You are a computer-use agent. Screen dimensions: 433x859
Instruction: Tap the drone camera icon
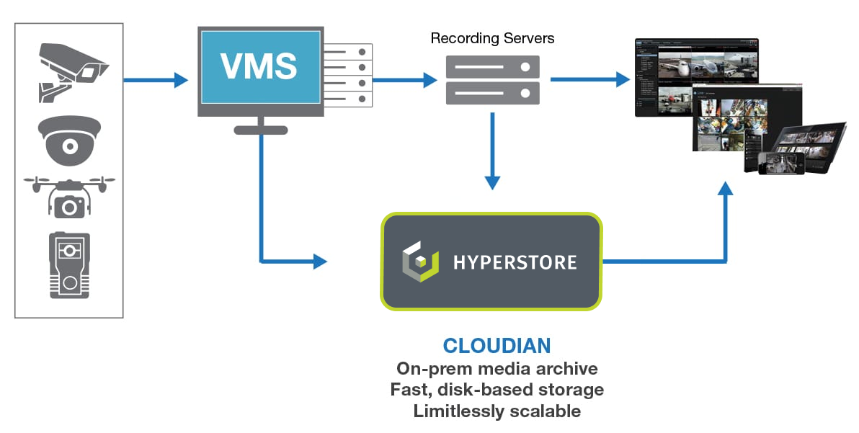tap(69, 195)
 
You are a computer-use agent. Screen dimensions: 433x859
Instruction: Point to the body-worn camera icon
tap(69, 265)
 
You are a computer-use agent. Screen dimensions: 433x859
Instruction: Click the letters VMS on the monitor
tap(259, 66)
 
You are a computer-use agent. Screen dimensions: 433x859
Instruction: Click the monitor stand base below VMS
tap(261, 130)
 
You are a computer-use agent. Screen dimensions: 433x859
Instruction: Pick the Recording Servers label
tap(492, 37)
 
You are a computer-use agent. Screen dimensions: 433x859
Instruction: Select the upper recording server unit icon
tap(492, 67)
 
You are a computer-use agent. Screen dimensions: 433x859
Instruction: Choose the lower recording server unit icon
tap(492, 92)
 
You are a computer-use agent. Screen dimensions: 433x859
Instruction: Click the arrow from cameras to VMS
tap(156, 79)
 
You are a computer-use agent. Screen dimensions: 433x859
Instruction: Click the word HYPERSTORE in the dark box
tap(515, 262)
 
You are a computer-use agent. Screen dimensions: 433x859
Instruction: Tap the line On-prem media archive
tap(497, 368)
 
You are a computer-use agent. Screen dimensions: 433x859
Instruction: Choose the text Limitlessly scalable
tap(497, 411)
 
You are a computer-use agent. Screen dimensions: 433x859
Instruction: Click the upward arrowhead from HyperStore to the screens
tap(726, 189)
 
